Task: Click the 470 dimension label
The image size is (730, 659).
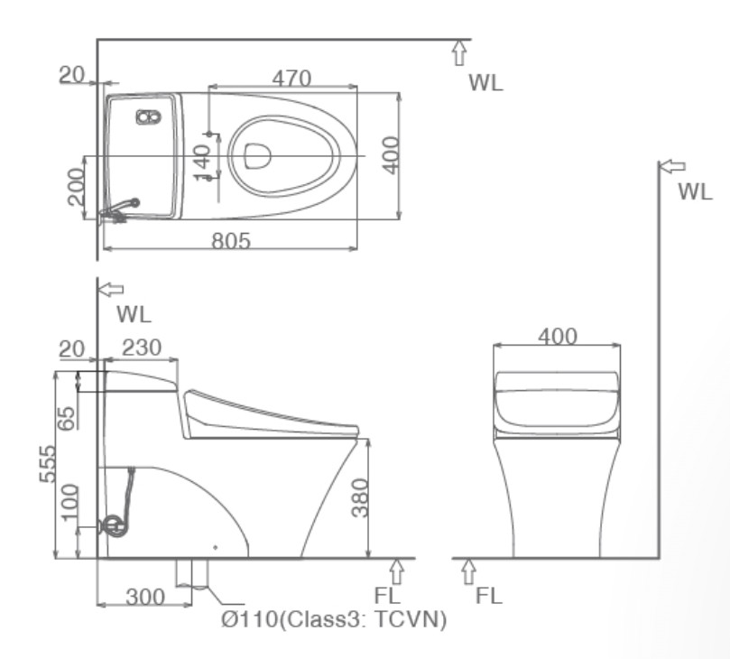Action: point(291,79)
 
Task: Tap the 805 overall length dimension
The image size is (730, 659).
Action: point(231,241)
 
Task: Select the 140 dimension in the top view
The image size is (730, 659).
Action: point(202,163)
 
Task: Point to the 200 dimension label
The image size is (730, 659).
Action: point(76,187)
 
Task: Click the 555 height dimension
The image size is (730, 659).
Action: point(48,464)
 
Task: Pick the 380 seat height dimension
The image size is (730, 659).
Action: point(360,498)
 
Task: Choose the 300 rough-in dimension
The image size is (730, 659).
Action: point(145,597)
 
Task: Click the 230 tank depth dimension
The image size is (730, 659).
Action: point(142,348)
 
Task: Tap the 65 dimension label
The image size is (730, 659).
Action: point(66,419)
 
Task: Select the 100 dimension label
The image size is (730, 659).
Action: point(69,503)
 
